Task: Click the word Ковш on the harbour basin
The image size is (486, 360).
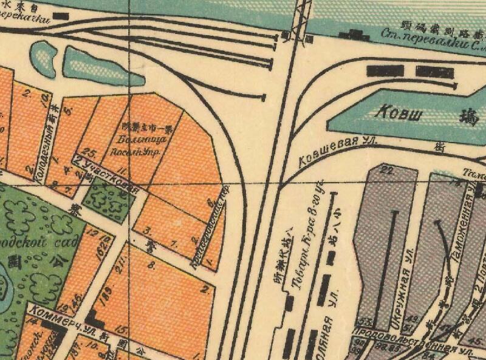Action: point(399,112)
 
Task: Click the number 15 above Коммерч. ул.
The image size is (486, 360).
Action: point(123,328)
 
